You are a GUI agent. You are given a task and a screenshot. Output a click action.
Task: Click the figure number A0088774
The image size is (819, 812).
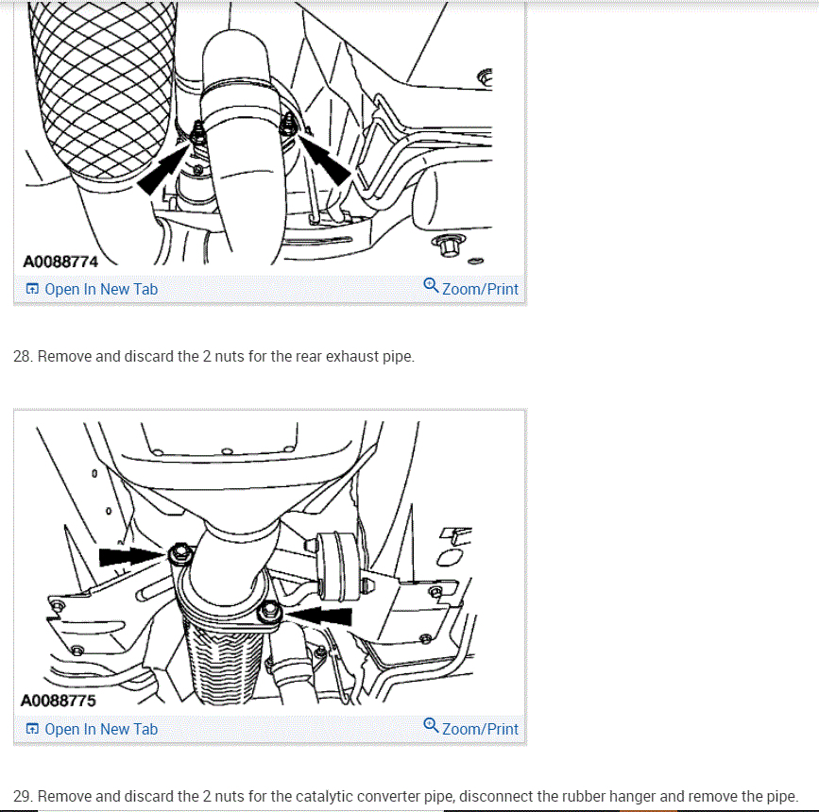(60, 262)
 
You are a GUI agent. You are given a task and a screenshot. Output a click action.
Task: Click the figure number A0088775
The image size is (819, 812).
(59, 701)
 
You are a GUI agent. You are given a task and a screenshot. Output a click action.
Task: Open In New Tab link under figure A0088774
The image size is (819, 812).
(92, 289)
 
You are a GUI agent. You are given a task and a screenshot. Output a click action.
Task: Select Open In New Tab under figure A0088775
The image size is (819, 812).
(92, 729)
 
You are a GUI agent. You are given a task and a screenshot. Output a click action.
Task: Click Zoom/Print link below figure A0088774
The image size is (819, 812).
(471, 288)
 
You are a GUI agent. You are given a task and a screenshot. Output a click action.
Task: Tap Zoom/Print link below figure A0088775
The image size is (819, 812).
(471, 728)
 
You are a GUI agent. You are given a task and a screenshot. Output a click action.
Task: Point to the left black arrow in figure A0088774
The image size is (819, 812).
(164, 168)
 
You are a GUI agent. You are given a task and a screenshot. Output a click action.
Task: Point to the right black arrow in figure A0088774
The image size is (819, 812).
(325, 159)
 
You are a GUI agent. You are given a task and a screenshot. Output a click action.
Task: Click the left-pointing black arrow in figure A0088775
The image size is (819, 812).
(319, 616)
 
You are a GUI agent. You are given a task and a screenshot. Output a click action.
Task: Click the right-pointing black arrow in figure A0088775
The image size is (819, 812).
(132, 556)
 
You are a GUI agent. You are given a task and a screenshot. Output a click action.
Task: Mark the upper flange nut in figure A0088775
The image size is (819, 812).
(180, 553)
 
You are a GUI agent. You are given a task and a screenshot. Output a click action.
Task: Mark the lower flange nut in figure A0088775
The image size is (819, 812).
(269, 611)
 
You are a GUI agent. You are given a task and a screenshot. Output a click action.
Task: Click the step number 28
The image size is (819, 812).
(23, 356)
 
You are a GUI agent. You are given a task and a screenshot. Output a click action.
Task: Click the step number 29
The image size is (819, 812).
(23, 796)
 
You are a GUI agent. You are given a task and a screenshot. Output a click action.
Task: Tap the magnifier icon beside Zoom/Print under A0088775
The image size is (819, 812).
(431, 725)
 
